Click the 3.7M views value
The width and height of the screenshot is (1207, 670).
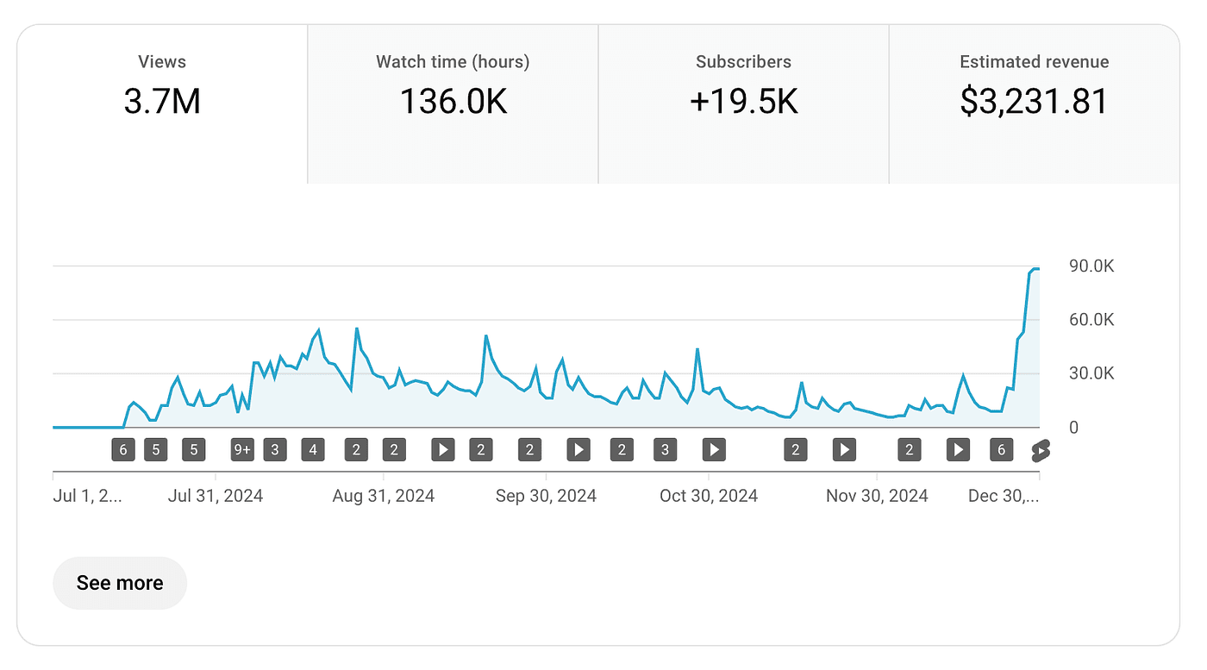coord(162,102)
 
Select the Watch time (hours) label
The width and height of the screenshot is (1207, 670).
coord(453,62)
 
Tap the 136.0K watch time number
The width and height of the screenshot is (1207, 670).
coord(453,102)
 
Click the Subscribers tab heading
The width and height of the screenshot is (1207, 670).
coord(743,62)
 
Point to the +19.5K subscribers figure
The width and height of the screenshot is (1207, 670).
coord(743,102)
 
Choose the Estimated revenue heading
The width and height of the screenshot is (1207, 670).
coord(1034,62)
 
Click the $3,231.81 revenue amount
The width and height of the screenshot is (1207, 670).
coord(1034,102)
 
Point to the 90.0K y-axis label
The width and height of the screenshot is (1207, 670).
coord(1091,266)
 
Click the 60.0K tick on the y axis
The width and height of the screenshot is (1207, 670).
coord(1091,320)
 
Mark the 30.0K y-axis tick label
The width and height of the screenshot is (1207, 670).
coord(1091,373)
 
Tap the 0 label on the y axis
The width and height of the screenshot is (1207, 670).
coord(1073,428)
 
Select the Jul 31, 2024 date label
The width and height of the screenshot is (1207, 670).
coord(216,496)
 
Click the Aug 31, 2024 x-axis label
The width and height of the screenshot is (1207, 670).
coord(384,496)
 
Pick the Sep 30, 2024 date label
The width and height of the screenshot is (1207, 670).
coord(546,496)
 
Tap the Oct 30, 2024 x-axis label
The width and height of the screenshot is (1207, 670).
coord(709,496)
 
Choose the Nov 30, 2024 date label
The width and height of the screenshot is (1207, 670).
coord(877,496)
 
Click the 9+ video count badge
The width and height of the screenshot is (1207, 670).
coord(242,449)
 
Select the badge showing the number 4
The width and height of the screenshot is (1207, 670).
coord(313,449)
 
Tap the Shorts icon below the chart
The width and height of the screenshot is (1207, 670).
coord(1041,450)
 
